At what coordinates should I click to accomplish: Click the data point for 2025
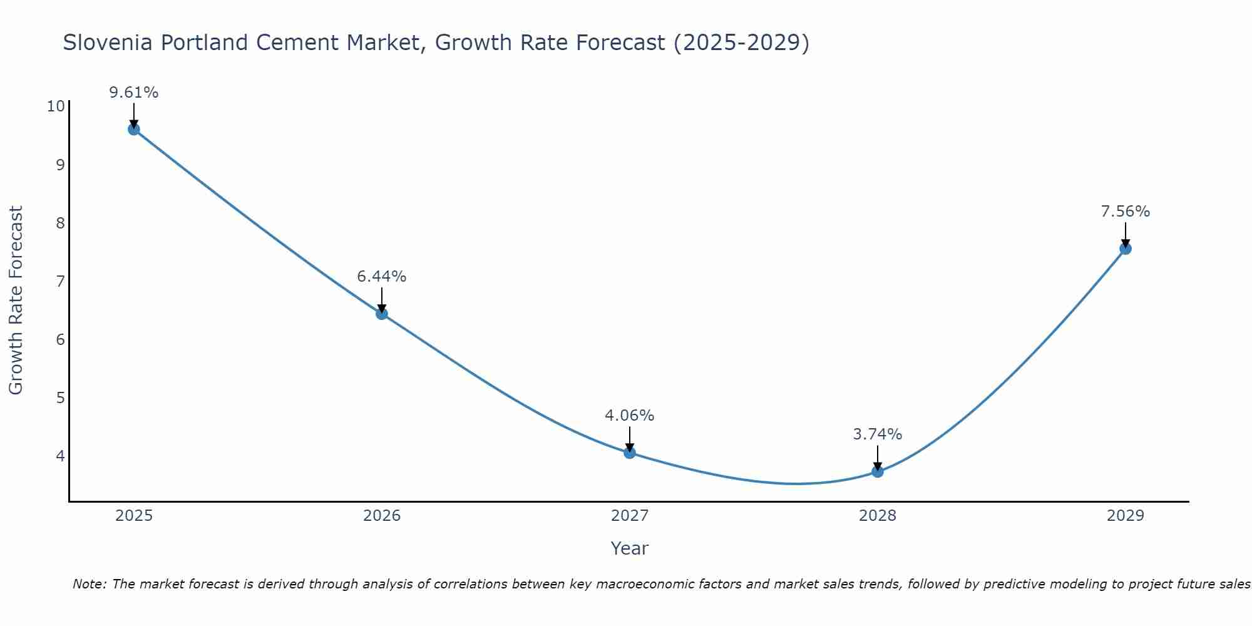click(133, 130)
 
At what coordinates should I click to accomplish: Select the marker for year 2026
click(382, 314)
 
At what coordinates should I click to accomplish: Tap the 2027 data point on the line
click(630, 453)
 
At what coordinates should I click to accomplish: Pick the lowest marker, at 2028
click(878, 471)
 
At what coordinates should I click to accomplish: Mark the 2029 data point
click(1125, 249)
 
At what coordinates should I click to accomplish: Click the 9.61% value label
click(133, 93)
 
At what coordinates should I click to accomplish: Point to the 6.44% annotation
click(382, 277)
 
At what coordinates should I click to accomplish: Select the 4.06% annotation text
click(630, 416)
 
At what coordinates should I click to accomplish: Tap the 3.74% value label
click(878, 434)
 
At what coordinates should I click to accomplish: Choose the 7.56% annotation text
click(1125, 212)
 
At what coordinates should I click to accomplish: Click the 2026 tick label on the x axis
click(382, 516)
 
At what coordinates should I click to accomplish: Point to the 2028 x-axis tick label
click(878, 516)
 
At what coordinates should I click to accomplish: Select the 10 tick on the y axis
click(56, 106)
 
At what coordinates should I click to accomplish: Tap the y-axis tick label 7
click(60, 281)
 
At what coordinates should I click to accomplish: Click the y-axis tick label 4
click(60, 456)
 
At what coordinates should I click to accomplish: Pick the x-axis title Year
click(629, 548)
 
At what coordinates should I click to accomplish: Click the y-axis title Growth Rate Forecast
click(16, 300)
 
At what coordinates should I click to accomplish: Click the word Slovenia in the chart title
click(107, 43)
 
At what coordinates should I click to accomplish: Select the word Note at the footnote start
click(89, 585)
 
